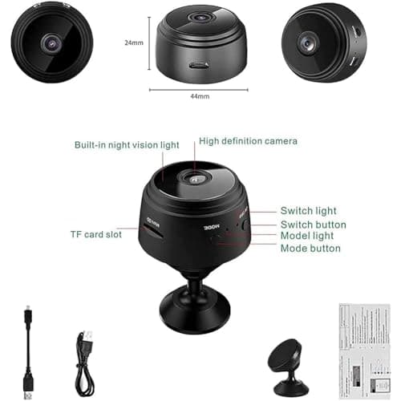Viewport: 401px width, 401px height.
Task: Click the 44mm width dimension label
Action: coord(199,96)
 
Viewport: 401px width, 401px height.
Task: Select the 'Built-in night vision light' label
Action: coord(127,144)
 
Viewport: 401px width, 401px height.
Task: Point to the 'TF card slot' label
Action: coord(96,236)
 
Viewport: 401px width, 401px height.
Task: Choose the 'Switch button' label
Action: coord(313,225)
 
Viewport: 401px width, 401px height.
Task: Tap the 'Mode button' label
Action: coord(310,249)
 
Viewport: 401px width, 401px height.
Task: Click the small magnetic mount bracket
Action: coord(286,366)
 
